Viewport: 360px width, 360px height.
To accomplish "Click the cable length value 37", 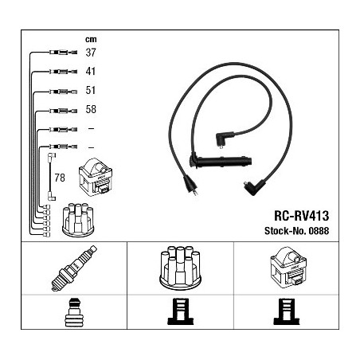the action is click(x=91, y=53).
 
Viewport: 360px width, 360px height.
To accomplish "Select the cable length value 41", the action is click(x=91, y=71).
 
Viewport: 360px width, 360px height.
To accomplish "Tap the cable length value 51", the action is click(x=91, y=90).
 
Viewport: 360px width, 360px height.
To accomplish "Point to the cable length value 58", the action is click(x=91, y=109).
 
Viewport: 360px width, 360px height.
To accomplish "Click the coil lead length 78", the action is click(x=60, y=178).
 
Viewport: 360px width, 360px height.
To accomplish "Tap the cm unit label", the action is click(x=91, y=40).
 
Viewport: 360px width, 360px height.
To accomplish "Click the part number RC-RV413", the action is click(x=302, y=216).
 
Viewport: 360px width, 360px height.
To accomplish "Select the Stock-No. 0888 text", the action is click(x=296, y=231).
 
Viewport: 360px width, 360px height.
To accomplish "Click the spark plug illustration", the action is click(x=74, y=268).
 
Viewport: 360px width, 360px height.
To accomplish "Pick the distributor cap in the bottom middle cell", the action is click(x=180, y=268).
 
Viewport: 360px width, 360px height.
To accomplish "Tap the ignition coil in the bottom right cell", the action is click(x=288, y=268).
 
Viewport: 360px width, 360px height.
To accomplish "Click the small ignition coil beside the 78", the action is click(x=96, y=177).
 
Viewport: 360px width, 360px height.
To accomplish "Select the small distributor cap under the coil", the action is click(x=78, y=220).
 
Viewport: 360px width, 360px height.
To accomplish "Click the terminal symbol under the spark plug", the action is click(x=74, y=312).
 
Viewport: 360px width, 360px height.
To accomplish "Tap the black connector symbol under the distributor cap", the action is click(x=181, y=311).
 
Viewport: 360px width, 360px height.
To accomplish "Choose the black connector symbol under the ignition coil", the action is click(x=287, y=311).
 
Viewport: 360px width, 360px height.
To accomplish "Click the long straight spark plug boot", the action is click(x=221, y=161).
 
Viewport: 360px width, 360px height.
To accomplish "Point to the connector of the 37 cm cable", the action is click(x=63, y=53).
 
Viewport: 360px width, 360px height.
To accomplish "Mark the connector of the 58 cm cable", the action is click(x=63, y=111).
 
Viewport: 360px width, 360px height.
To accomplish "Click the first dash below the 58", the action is click(x=91, y=129).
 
